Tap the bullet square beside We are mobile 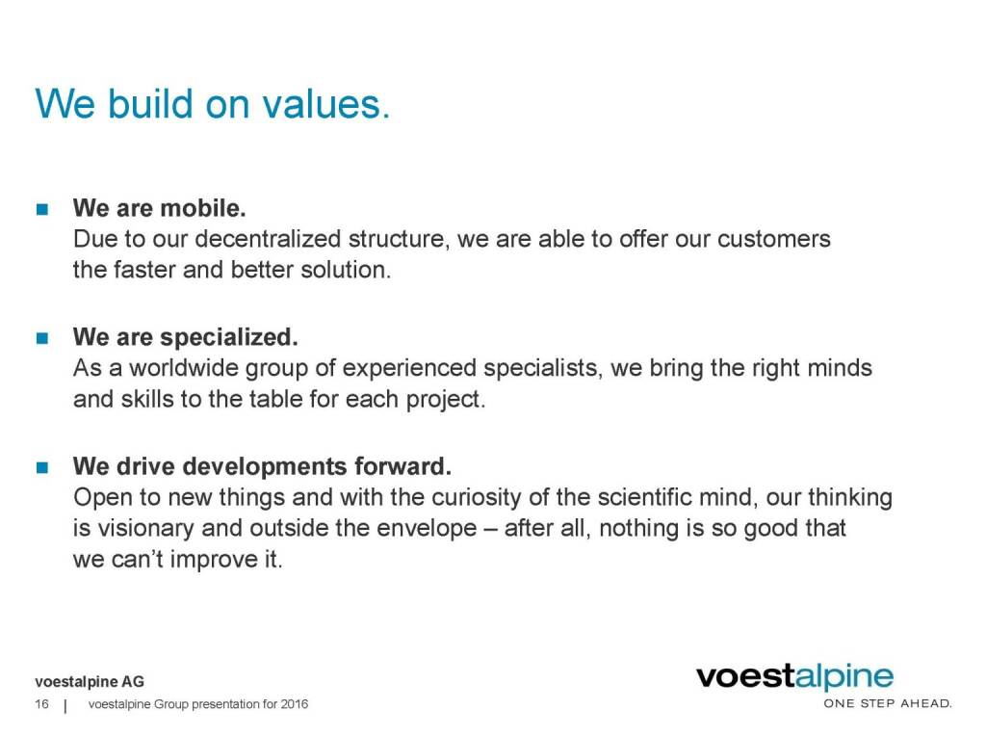[42, 209]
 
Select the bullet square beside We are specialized [42, 338]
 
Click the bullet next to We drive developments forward [42, 467]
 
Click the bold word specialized [229, 338]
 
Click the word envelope [426, 529]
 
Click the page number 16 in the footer [41, 704]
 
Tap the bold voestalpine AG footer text [90, 681]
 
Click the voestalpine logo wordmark [794, 677]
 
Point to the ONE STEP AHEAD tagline [888, 703]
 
